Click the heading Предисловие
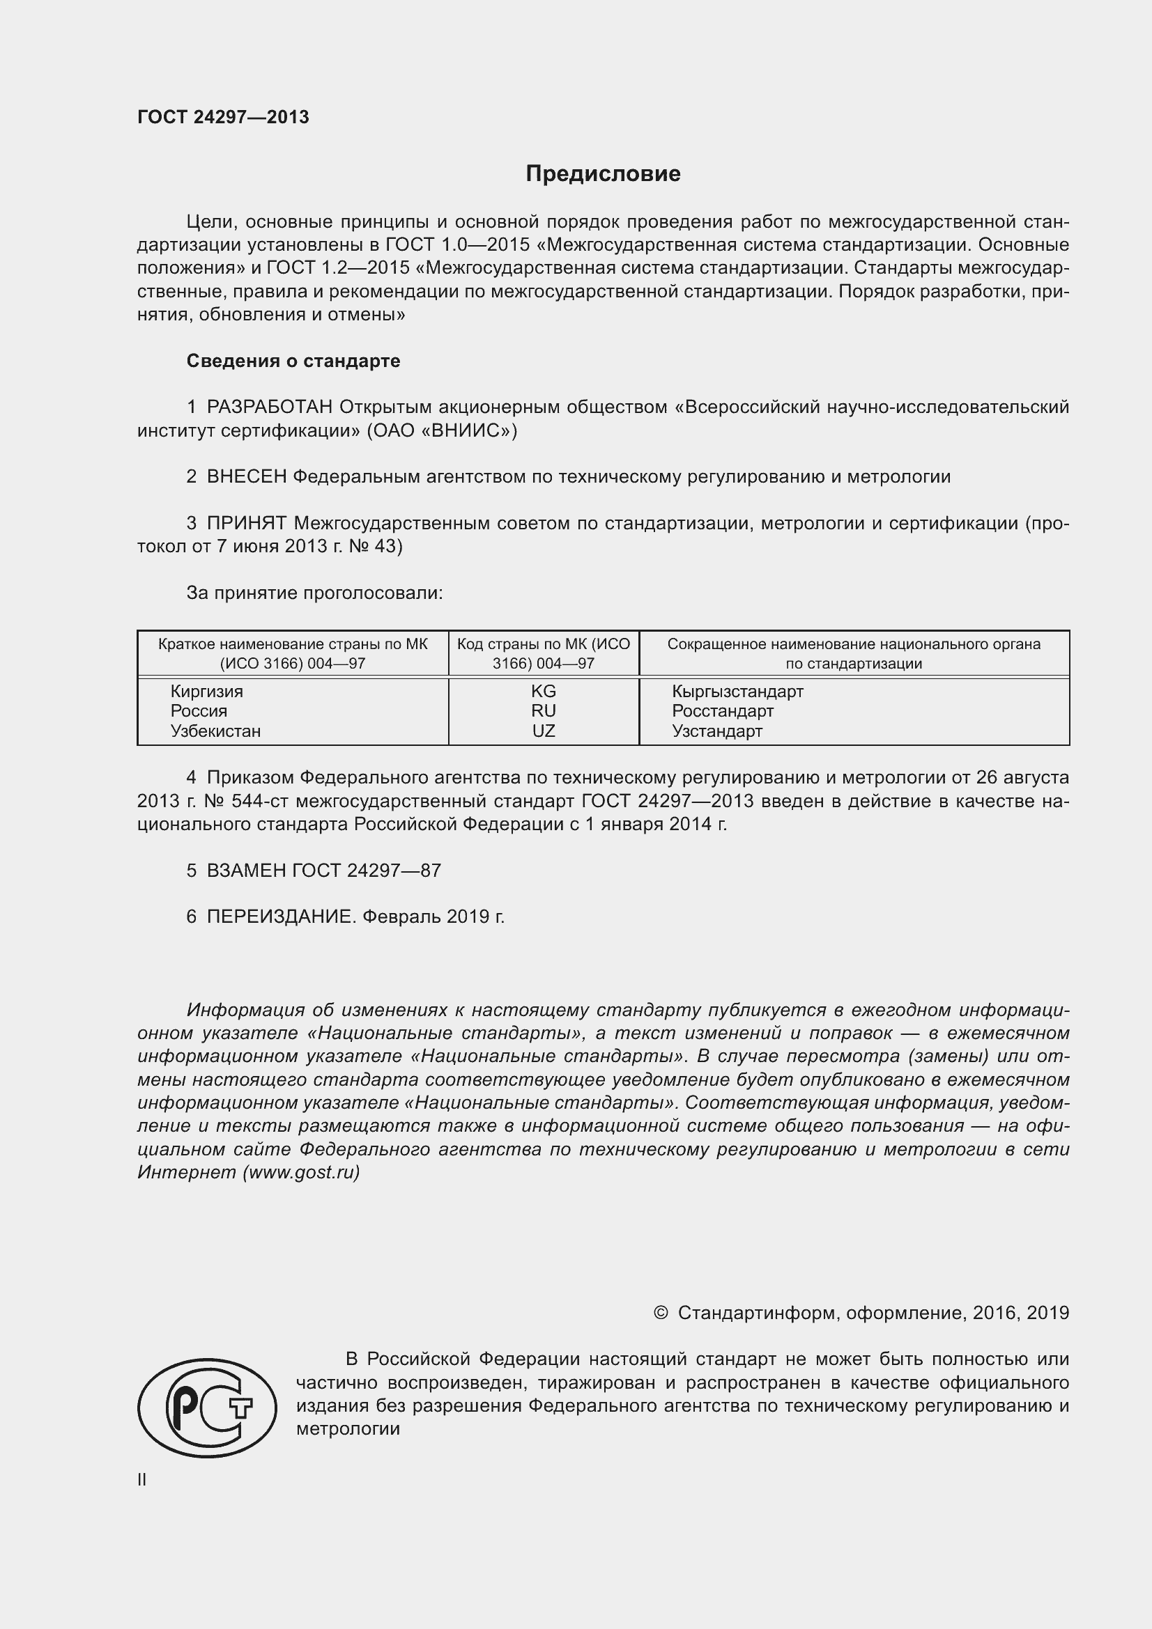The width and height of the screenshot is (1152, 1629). click(x=603, y=174)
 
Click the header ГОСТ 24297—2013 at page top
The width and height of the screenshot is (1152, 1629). click(x=223, y=118)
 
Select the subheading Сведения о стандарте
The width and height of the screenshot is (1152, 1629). click(x=293, y=361)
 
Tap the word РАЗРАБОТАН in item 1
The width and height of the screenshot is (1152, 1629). click(x=270, y=407)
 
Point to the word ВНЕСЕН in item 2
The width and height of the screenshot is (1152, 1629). click(x=246, y=477)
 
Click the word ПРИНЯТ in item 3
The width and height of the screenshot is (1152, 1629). click(x=246, y=524)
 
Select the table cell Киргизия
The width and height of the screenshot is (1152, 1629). click(x=206, y=691)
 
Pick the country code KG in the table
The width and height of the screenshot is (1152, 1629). click(x=544, y=691)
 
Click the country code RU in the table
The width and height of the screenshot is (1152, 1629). click(x=544, y=711)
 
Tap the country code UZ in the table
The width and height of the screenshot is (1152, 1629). click(x=544, y=731)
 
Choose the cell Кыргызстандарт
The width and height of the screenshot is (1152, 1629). click(x=737, y=691)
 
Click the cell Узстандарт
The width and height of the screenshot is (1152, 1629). click(x=717, y=731)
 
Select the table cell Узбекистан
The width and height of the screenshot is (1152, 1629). click(x=216, y=731)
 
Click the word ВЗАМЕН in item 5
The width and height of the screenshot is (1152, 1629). click(x=246, y=871)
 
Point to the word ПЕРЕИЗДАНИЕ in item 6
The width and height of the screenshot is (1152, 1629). click(x=279, y=917)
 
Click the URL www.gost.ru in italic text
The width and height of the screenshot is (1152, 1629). click(x=301, y=1172)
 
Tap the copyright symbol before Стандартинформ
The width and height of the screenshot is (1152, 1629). click(x=660, y=1314)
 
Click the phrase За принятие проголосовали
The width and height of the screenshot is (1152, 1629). click(x=314, y=593)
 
